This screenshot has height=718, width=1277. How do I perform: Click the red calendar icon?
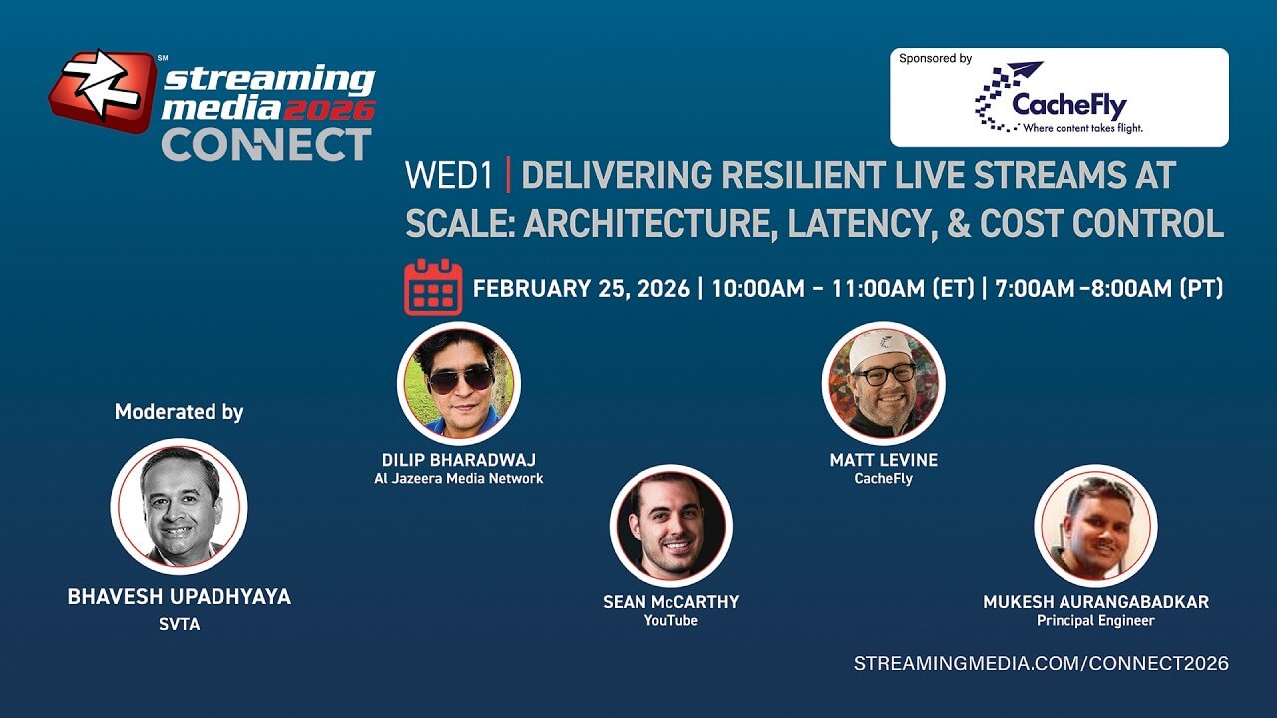pyautogui.click(x=433, y=287)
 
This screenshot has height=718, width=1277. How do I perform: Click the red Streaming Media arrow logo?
pyautogui.click(x=103, y=90)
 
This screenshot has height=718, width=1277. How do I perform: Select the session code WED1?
pyautogui.click(x=449, y=175)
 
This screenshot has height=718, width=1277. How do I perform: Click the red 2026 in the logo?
pyautogui.click(x=329, y=110)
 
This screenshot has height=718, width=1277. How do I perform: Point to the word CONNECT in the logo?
pyautogui.click(x=266, y=145)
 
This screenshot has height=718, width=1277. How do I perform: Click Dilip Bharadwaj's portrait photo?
pyautogui.click(x=459, y=383)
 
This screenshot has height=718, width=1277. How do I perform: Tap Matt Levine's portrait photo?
pyautogui.click(x=884, y=383)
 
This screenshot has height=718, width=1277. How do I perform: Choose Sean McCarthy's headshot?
pyautogui.click(x=671, y=526)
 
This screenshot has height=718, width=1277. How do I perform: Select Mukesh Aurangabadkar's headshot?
pyautogui.click(x=1095, y=526)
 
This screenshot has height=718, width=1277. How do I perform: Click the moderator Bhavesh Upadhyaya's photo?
pyautogui.click(x=179, y=507)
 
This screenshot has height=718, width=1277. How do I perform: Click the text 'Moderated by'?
pyautogui.click(x=179, y=412)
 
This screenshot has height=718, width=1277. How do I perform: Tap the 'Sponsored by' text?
pyautogui.click(x=936, y=58)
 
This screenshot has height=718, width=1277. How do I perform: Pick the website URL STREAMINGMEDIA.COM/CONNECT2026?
pyautogui.click(x=1041, y=664)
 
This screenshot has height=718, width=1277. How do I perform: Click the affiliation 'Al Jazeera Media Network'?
pyautogui.click(x=458, y=478)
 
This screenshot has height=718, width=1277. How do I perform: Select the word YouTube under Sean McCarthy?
pyautogui.click(x=671, y=620)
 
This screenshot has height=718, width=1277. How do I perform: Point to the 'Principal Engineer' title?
pyautogui.click(x=1095, y=621)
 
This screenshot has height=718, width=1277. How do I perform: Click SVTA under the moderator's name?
pyautogui.click(x=179, y=625)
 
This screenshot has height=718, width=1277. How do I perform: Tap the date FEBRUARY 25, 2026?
pyautogui.click(x=582, y=289)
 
